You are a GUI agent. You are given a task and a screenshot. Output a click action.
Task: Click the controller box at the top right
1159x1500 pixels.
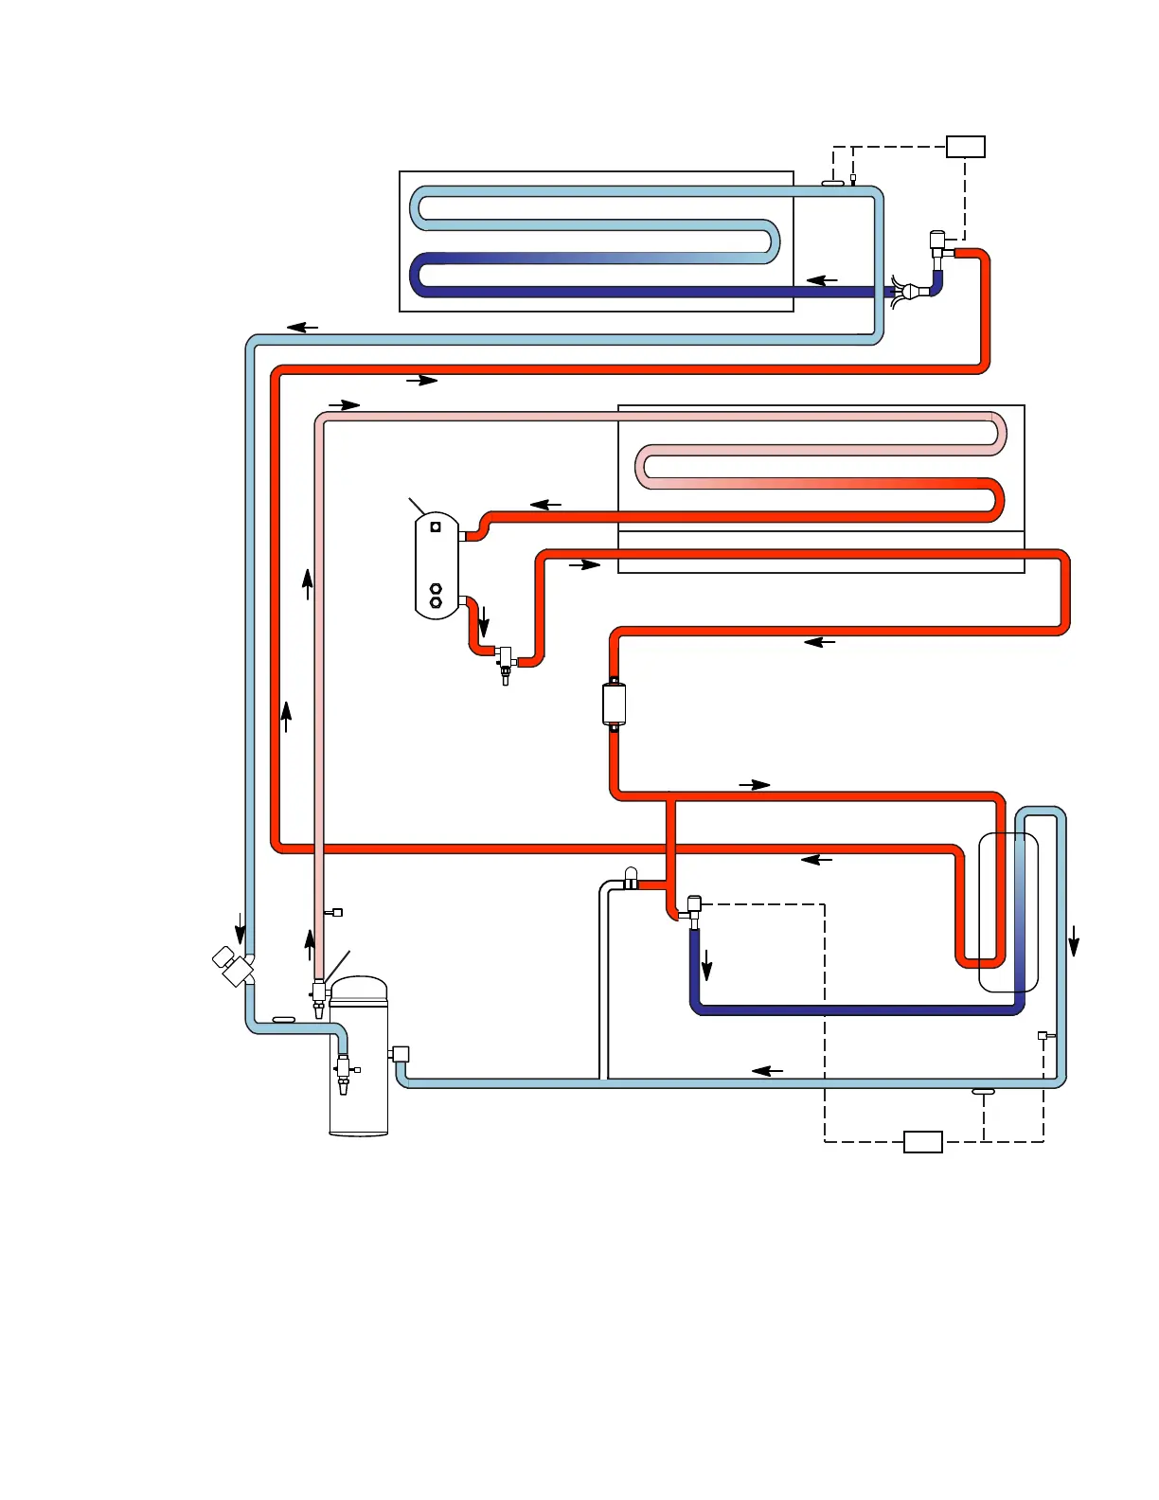pyautogui.click(x=966, y=147)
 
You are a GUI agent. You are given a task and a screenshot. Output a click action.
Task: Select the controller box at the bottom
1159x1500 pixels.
pyautogui.click(x=922, y=1141)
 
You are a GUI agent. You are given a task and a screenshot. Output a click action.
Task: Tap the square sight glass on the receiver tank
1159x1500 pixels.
pyautogui.click(x=436, y=527)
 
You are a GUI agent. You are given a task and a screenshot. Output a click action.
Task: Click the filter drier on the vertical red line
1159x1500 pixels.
pyautogui.click(x=614, y=705)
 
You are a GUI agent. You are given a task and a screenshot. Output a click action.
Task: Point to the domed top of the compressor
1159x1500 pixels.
pyautogui.click(x=359, y=990)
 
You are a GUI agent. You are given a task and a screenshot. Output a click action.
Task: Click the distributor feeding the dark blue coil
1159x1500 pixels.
pyautogui.click(x=910, y=291)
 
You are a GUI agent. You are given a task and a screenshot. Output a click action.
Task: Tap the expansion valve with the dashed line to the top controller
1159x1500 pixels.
pyautogui.click(x=938, y=244)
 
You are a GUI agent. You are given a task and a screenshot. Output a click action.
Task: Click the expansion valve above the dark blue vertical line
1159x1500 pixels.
pyautogui.click(x=694, y=910)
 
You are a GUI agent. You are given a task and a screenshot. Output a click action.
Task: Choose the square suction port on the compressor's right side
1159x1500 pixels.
pyautogui.click(x=400, y=1053)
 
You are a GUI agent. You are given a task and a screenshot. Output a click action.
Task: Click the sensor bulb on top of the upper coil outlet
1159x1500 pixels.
pyautogui.click(x=833, y=183)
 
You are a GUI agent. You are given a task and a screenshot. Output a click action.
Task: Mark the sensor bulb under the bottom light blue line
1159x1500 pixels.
pyautogui.click(x=984, y=1092)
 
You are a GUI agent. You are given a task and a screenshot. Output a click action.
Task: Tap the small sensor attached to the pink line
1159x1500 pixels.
pyautogui.click(x=334, y=913)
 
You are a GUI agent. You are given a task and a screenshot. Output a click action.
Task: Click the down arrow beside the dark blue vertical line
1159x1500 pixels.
pyautogui.click(x=706, y=966)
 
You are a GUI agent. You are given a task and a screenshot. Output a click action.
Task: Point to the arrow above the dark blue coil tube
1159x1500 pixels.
pyautogui.click(x=822, y=280)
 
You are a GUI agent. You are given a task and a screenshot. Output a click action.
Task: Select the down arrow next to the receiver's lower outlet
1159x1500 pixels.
pyautogui.click(x=484, y=621)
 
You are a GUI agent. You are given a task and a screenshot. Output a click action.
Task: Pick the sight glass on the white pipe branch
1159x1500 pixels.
pyautogui.click(x=632, y=878)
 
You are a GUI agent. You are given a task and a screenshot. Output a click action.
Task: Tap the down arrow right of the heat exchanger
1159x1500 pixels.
pyautogui.click(x=1074, y=940)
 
